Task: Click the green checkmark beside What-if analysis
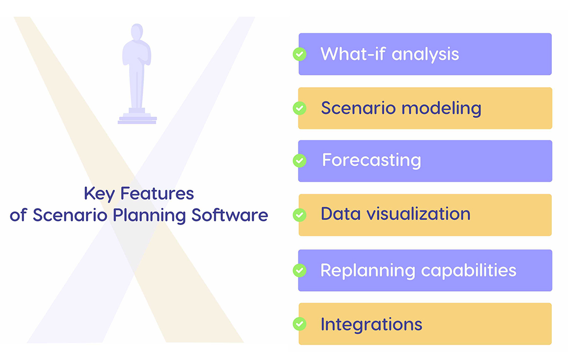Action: tap(300, 54)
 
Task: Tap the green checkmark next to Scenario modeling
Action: tap(299, 108)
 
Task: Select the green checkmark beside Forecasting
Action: tap(299, 160)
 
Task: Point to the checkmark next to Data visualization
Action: tap(299, 215)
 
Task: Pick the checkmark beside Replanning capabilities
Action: tap(299, 270)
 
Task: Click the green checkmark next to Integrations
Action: tap(299, 324)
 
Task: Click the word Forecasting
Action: tap(371, 160)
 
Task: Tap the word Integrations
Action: tap(371, 324)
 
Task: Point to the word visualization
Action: tap(423, 214)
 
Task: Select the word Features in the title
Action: tap(157, 194)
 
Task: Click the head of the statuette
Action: tap(137, 32)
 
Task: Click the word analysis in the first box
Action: tap(425, 54)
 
